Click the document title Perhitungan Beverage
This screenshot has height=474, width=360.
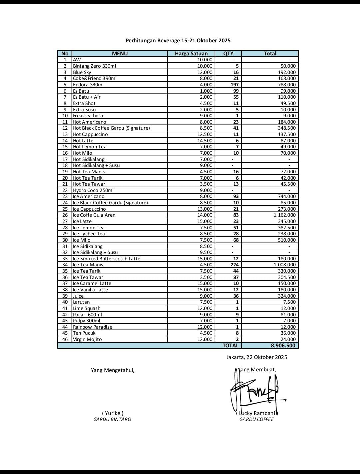(178, 41)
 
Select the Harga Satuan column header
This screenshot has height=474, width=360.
(191, 53)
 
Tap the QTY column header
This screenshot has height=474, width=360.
(228, 53)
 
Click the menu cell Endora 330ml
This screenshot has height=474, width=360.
(88, 85)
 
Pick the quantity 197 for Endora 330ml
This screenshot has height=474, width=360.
(234, 85)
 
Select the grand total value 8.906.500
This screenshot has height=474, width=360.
(283, 345)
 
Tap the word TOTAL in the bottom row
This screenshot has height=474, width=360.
(230, 345)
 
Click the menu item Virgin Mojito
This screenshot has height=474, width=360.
(87, 339)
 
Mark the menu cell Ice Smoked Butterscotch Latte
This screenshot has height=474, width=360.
(107, 259)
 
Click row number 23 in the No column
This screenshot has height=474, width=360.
(65, 196)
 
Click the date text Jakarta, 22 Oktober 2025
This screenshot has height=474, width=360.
(257, 357)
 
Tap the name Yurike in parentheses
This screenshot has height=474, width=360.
(113, 413)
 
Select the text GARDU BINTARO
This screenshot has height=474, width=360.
(112, 419)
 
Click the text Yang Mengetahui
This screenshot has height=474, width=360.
(113, 370)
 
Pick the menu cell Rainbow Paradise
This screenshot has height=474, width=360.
(93, 327)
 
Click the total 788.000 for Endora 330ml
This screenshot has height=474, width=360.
(287, 85)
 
